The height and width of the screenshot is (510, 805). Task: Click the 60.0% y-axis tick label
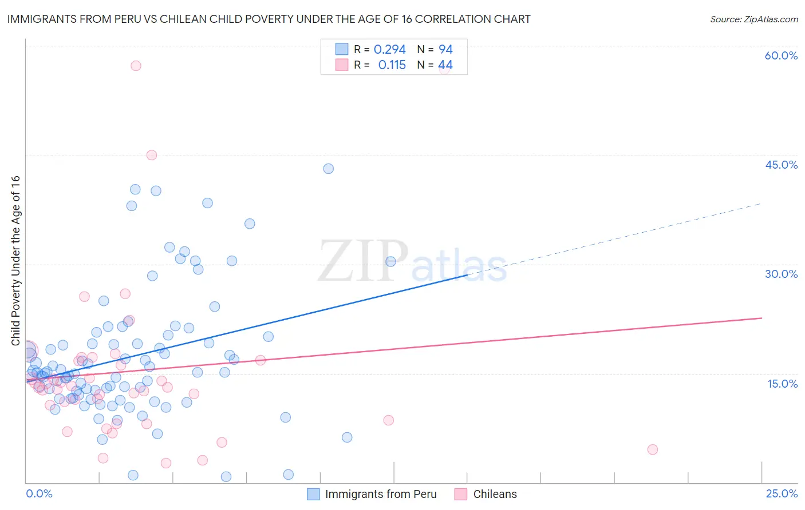coord(781,55)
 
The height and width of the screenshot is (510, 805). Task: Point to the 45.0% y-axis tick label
coord(781,165)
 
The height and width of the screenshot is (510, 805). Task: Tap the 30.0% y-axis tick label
coord(781,274)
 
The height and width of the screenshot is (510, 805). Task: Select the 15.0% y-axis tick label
coord(782,384)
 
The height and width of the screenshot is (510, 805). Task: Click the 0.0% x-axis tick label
coord(39,494)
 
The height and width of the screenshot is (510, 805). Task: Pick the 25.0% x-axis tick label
coord(782,494)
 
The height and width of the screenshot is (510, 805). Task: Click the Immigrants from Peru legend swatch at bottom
coord(313,494)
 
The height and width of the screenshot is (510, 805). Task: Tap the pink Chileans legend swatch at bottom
coord(461,494)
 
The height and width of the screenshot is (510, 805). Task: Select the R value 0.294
coord(389,50)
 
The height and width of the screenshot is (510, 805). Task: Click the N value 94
coord(445,50)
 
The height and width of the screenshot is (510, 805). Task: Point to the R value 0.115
coord(392,65)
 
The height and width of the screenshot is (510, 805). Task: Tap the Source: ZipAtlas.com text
coord(753,19)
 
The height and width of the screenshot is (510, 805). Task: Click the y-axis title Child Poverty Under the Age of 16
coord(15,260)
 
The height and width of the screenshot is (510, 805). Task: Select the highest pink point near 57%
coord(136,66)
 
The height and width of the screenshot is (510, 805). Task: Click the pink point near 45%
coord(152,155)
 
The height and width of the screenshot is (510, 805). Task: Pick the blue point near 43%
coord(328,169)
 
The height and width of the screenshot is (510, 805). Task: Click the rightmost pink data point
coord(652,449)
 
